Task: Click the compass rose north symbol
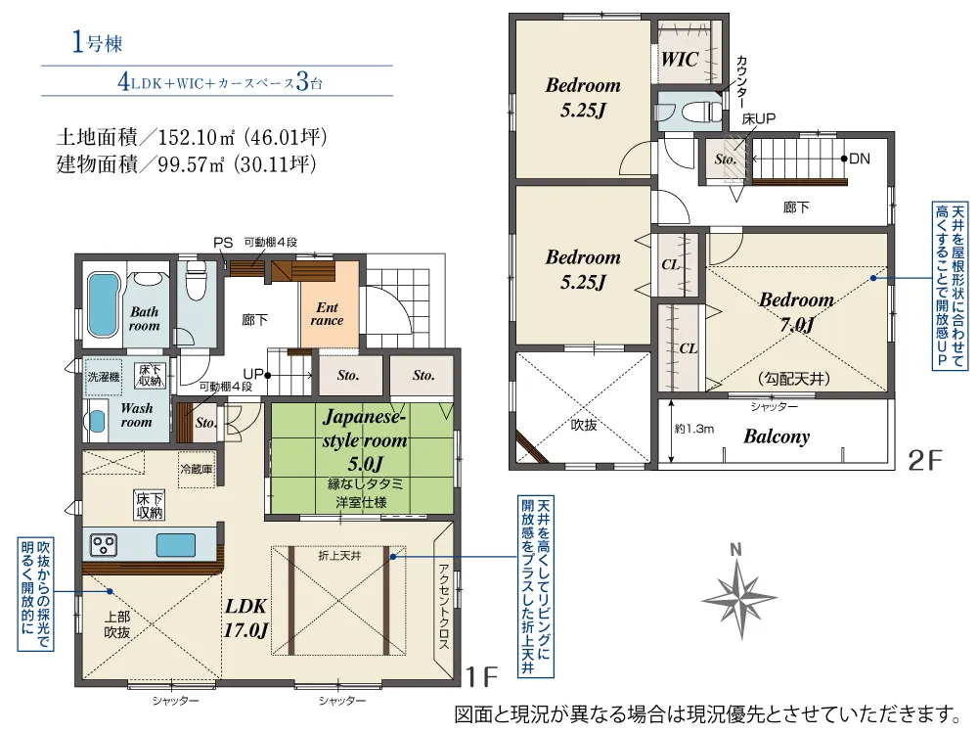coord(739,597)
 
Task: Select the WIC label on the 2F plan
coord(680,60)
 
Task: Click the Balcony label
coord(777,436)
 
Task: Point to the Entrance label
coord(327,313)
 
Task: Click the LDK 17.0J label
coord(246,618)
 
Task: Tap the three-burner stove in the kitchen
coord(104,545)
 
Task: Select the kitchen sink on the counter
coord(176,545)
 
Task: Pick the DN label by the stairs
coord(860,159)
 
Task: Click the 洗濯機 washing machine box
coord(104,377)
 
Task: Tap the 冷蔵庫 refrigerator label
coord(196,469)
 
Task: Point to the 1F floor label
coord(482,676)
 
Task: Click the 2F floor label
coord(925,461)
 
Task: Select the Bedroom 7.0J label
coord(796,312)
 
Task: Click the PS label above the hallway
coord(223,243)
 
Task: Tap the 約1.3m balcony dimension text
coord(694,429)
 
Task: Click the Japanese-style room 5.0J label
coord(364,440)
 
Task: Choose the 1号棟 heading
coord(97,42)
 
